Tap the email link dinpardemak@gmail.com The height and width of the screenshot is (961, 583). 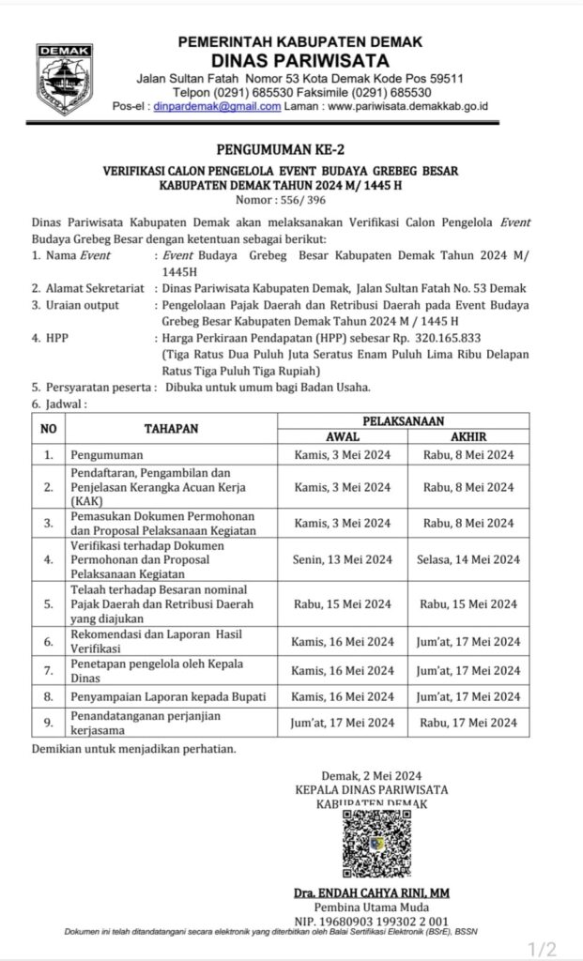click(x=217, y=107)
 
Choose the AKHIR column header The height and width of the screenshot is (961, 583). click(x=468, y=436)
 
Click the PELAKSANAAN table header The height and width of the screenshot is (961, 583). click(x=405, y=421)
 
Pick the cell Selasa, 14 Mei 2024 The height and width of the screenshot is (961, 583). click(x=468, y=559)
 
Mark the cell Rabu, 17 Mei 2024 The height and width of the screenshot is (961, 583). click(x=468, y=723)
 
